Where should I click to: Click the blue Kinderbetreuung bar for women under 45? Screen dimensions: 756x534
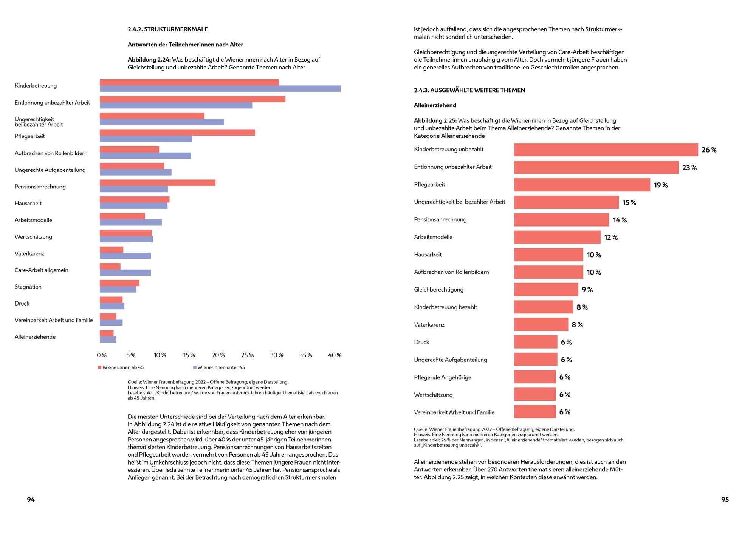click(220, 89)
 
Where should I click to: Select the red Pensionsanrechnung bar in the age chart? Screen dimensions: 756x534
click(158, 183)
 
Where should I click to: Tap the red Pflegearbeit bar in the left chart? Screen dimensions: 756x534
click(177, 133)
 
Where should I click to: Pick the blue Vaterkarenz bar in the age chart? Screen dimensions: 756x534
click(125, 256)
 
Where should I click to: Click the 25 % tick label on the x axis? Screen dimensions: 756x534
click(248, 355)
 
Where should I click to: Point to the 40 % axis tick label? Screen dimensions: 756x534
click(335, 355)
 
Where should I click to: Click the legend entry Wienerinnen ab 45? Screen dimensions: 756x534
click(121, 367)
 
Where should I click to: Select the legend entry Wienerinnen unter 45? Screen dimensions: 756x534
click(219, 367)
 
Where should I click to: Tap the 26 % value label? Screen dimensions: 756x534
click(709, 150)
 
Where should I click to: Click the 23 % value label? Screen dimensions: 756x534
click(689, 168)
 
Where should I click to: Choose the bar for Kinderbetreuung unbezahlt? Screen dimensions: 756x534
click(606, 150)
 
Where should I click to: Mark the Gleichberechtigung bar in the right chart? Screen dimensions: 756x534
click(546, 290)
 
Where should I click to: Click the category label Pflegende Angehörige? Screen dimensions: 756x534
click(443, 377)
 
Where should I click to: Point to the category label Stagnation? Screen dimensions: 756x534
click(28, 287)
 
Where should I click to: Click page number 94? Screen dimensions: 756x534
click(31, 500)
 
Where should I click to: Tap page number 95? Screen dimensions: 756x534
click(725, 500)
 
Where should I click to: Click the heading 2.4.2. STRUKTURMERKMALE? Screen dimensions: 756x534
click(168, 29)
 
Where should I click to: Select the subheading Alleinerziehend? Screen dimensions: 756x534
click(435, 105)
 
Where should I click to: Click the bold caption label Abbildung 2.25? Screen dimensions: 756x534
click(435, 121)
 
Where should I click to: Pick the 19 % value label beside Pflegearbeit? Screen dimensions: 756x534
click(661, 185)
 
